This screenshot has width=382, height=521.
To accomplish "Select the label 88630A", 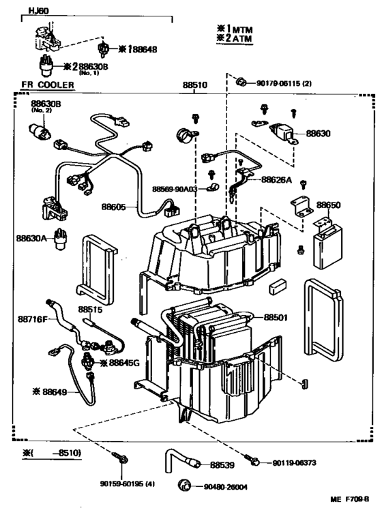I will coord(30,238).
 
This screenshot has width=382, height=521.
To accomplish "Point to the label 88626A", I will coord(277,180).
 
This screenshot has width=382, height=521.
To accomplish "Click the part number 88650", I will coord(327,204).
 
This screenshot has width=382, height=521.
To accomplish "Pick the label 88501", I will coord(278,317).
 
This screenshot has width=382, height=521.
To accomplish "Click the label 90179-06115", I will coord(279,83).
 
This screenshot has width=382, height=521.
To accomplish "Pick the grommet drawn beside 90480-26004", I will coord(183,486).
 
